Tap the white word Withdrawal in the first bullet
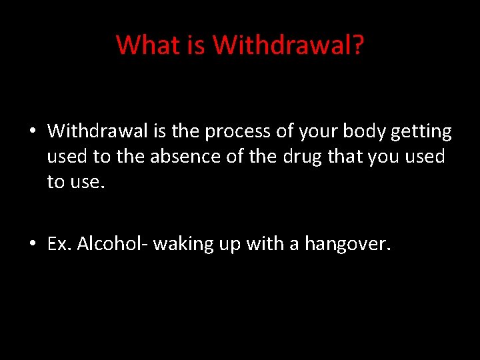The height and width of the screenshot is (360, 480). tap(97, 131)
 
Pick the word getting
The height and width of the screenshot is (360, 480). tap(421, 132)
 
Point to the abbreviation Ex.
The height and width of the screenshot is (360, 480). tap(59, 244)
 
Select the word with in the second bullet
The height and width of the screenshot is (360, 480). tap(264, 244)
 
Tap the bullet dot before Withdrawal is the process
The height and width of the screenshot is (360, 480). tap(32, 132)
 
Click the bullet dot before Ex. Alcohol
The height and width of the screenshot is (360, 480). tap(32, 245)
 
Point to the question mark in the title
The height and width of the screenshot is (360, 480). tap(357, 45)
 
